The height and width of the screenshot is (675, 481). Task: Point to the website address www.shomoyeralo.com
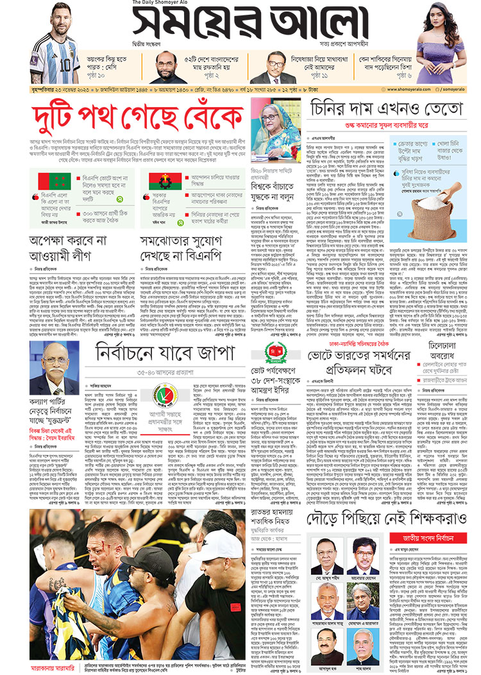(409, 89)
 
